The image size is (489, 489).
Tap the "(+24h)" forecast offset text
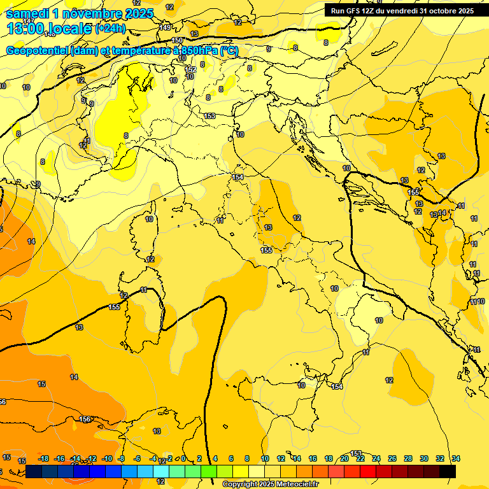[x=110, y=29]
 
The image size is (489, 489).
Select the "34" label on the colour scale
[x=456, y=458]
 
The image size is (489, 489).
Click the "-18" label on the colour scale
[x=44, y=458]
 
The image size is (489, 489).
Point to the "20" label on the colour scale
[x=344, y=458]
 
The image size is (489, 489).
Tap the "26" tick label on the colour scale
[x=392, y=458]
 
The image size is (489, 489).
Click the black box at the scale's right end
[x=448, y=471]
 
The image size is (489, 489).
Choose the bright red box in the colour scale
[x=368, y=471]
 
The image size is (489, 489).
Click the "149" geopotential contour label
[x=166, y=27]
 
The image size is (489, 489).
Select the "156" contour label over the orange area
[x=85, y=419]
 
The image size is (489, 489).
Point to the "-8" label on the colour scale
[x=121, y=458]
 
